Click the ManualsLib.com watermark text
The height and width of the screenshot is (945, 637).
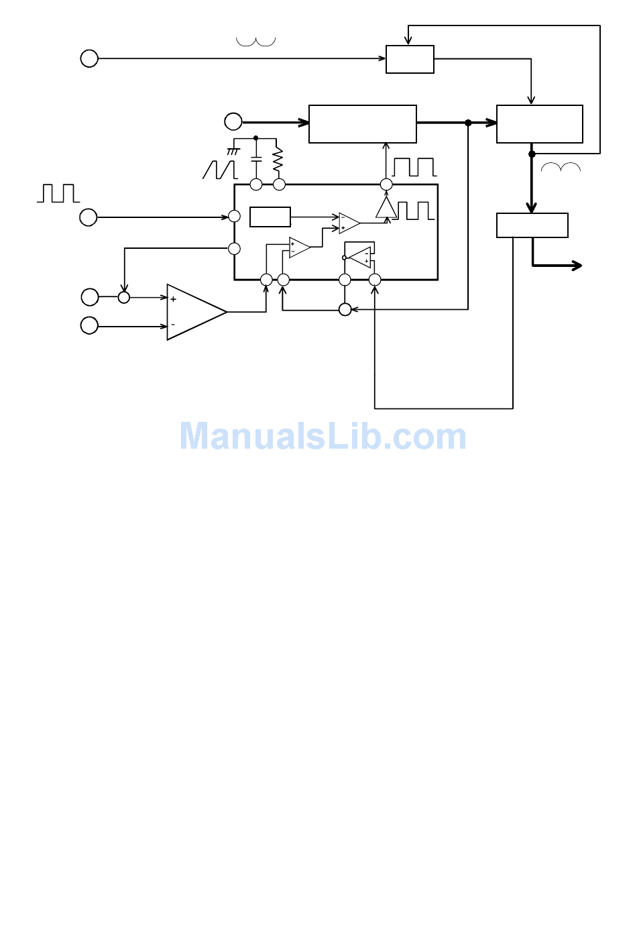pos(323,437)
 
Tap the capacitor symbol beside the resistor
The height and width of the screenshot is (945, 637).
pos(255,161)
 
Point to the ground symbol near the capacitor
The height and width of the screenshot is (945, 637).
pos(233,152)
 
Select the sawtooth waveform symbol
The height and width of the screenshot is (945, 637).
pos(220,170)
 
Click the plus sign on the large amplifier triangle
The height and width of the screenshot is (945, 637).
pos(173,299)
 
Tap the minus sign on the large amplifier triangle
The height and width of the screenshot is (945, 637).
pos(173,325)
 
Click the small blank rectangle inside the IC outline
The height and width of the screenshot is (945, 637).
pos(270,217)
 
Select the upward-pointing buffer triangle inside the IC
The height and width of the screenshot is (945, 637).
pos(386,207)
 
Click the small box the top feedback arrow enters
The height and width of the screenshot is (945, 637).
pos(410,59)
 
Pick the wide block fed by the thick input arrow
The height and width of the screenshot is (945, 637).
pos(362,123)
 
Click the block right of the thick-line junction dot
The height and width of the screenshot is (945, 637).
pos(539,123)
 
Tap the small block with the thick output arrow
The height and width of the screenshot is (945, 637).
pos(532,225)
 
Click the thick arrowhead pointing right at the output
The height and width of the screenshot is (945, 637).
pos(576,266)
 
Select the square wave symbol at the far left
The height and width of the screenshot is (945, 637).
pos(58,193)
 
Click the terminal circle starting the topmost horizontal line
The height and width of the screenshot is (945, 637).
pos(89,58)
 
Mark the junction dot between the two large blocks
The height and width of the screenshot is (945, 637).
pos(468,123)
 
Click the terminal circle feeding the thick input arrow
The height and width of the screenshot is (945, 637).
pos(233,121)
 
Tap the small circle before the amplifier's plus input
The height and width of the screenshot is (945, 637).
pos(123,297)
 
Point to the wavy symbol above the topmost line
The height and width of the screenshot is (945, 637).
pos(255,42)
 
